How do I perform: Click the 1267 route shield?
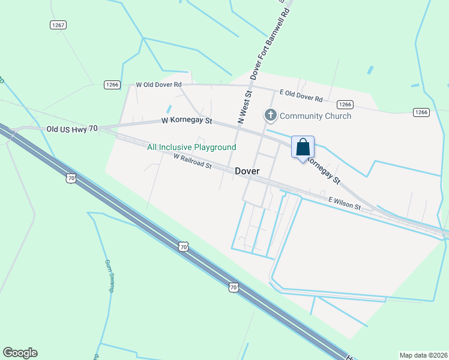point(58,25)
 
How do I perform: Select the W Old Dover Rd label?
point(158,85)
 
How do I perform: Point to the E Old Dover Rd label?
point(301,95)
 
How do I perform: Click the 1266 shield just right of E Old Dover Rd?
point(345,104)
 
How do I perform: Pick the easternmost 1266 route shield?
point(421,112)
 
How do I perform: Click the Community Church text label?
point(315,116)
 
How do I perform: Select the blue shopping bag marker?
point(303,147)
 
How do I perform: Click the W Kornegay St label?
point(187,121)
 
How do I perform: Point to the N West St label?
point(246,106)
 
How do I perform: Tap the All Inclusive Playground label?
point(191,147)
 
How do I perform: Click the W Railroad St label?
point(192,161)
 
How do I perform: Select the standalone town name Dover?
point(247,171)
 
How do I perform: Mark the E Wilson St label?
point(344,203)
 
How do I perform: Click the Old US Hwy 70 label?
point(72,128)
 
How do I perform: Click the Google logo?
point(20,353)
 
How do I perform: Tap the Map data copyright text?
point(423,355)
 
